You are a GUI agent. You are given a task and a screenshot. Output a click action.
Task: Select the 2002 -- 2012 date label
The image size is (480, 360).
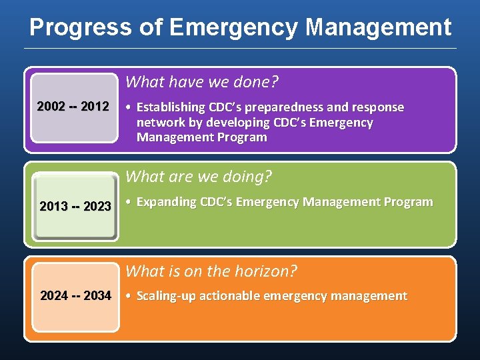click(x=73, y=107)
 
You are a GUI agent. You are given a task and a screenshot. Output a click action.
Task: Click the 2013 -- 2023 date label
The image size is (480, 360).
click(x=75, y=206)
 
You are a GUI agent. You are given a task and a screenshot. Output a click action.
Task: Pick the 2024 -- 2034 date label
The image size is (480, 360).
click(x=75, y=295)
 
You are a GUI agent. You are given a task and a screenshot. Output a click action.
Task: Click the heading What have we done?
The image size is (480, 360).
click(x=202, y=82)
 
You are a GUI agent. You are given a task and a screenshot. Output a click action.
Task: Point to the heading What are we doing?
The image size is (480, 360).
click(x=199, y=177)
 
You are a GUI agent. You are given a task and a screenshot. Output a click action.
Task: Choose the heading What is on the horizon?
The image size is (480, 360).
click(x=211, y=271)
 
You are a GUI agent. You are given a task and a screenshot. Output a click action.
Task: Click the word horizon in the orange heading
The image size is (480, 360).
click(x=267, y=271)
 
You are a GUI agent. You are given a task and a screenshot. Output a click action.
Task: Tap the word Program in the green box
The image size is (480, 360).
click(x=408, y=202)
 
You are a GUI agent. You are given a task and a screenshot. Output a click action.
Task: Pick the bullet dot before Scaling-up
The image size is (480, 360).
click(x=129, y=296)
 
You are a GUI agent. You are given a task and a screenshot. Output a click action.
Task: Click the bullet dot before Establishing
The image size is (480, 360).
click(x=129, y=107)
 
